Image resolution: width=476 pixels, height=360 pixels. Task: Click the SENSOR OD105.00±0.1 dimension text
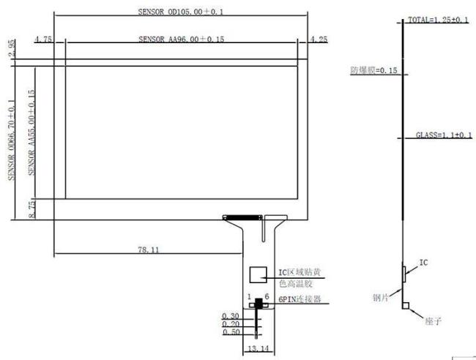click(171, 12)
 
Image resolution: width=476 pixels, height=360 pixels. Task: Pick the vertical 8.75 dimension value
click(31, 209)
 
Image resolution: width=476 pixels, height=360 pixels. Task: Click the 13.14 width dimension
click(259, 349)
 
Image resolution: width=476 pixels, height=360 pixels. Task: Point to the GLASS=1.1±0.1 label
click(441, 135)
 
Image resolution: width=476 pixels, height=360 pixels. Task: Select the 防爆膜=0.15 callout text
click(373, 71)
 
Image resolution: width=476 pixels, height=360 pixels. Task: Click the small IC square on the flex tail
click(258, 274)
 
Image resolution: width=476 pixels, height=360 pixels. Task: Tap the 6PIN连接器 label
click(300, 300)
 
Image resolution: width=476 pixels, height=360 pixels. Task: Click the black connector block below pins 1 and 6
click(259, 304)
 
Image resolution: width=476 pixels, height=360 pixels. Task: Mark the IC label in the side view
click(423, 261)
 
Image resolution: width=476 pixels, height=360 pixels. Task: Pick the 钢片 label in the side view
click(380, 297)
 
